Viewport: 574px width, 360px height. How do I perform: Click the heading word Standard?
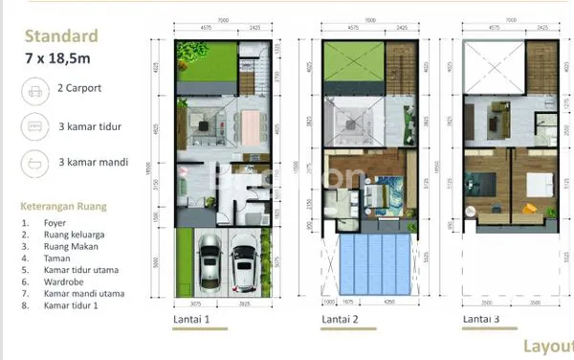click(x=61, y=37)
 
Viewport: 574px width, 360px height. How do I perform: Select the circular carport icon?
click(x=34, y=92)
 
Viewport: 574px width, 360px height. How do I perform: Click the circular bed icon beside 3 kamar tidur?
click(x=34, y=126)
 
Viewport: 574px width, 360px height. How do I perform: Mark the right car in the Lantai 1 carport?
click(x=243, y=266)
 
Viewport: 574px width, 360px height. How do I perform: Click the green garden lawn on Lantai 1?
click(x=206, y=62)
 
